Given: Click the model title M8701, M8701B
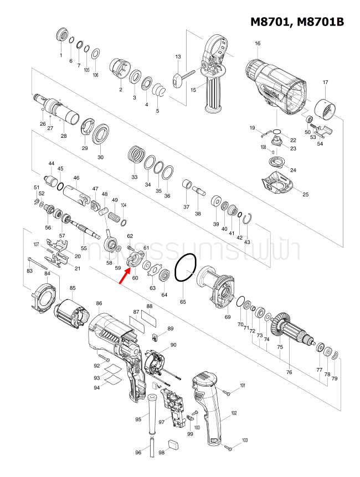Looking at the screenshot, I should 297,22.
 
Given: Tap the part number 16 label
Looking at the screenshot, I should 257,44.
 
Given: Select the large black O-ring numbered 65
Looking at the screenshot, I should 185,268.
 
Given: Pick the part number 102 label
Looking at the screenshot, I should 234,413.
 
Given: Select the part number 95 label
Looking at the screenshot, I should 138,420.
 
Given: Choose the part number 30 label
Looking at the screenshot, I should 100,157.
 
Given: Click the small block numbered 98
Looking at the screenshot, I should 173,443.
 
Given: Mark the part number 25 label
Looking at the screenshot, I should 305,194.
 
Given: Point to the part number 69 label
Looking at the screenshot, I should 227,317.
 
